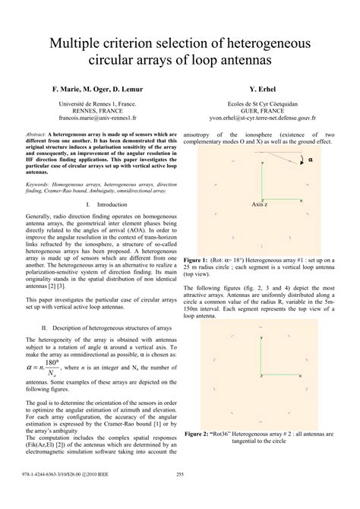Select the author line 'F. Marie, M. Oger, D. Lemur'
point(96,89)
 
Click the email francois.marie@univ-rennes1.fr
point(96,119)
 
